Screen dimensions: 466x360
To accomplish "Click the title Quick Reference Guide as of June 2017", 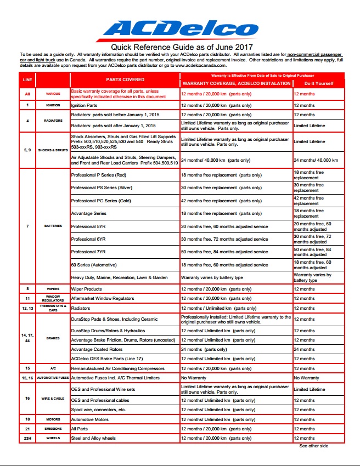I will tap(180, 47).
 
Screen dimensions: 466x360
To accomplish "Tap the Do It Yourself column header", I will tap(318, 83).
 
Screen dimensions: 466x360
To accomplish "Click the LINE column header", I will tap(27, 80).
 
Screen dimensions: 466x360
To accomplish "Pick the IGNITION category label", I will tap(53, 104).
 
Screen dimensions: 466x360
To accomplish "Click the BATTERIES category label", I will tap(53, 226).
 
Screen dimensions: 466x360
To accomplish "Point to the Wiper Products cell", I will tap(87, 288).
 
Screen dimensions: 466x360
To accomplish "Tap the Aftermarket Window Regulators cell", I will tap(103, 298).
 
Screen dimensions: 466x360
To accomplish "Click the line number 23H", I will tap(27, 438).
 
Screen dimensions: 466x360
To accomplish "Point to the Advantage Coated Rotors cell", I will tap(97, 349).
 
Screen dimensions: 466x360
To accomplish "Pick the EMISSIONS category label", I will tap(53, 428).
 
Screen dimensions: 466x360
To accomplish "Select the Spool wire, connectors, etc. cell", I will tap(99, 410).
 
